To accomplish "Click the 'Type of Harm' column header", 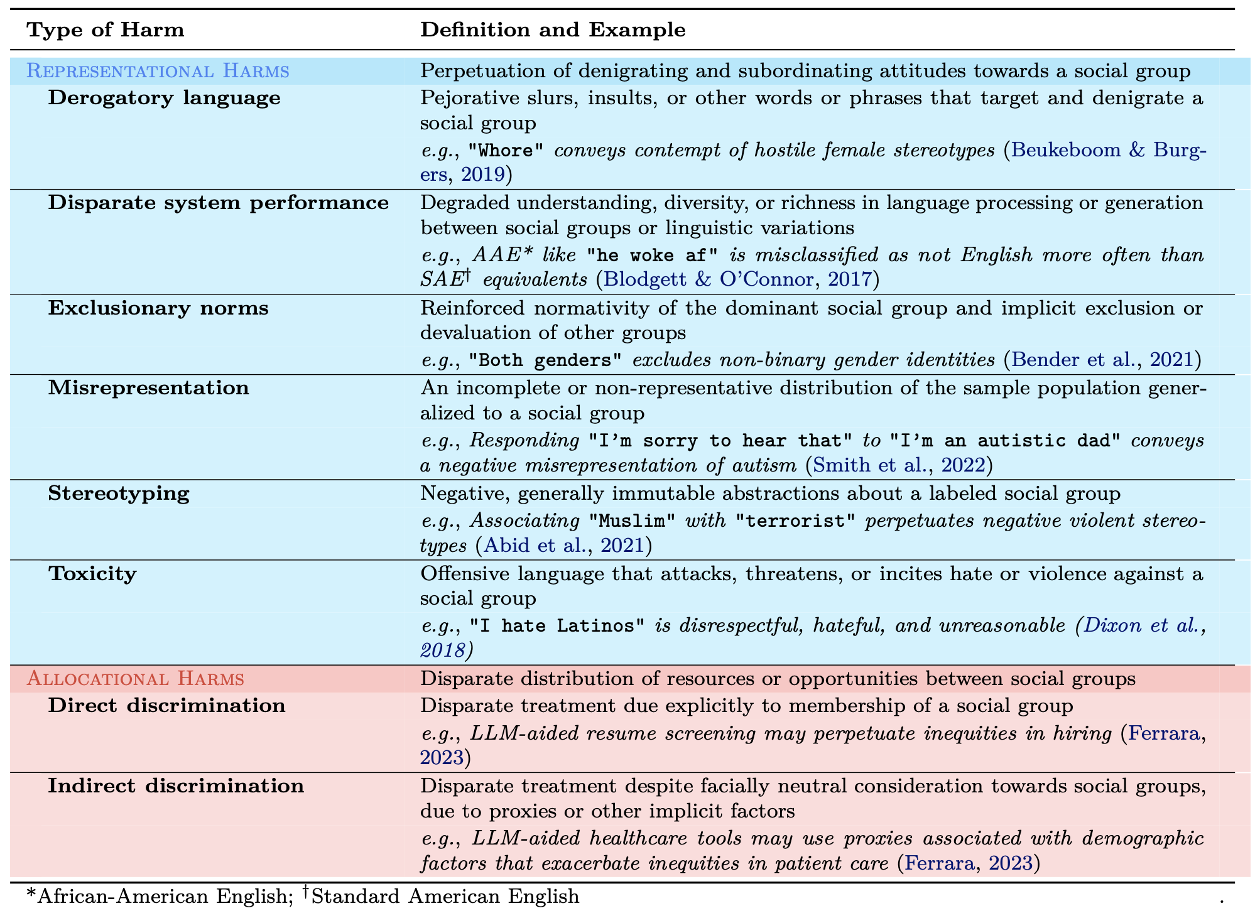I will pos(106,30).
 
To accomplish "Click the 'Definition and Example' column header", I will pos(553,30).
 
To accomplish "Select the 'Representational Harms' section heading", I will pos(158,71).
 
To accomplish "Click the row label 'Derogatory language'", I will pos(165,98).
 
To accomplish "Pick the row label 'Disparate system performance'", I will pos(219,203).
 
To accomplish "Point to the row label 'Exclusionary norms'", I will pos(158,308).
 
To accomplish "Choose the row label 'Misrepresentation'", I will pos(149,388).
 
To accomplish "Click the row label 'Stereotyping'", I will pos(119,494).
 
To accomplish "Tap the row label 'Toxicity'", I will pos(92,574).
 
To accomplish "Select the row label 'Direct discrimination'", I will pos(167,705).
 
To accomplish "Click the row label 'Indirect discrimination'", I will pos(177,785).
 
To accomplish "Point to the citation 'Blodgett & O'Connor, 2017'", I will pos(737,279).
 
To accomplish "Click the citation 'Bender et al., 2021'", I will pos(1102,360).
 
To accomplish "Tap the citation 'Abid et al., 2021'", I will pos(563,546).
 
